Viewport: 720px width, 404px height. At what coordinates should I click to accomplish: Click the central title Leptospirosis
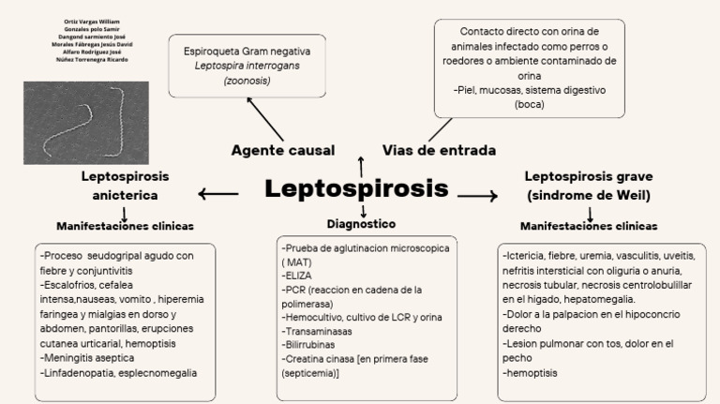(356, 187)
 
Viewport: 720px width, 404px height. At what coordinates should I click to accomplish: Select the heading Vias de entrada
(439, 150)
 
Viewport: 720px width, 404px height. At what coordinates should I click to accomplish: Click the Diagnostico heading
(361, 224)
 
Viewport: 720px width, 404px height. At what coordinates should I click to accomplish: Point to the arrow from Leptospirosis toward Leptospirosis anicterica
(218, 194)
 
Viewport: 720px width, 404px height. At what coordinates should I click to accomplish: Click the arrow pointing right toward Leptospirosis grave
(477, 195)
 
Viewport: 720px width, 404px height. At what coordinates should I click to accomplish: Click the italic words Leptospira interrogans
(247, 67)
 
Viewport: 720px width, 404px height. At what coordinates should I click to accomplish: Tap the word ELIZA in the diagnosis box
(299, 277)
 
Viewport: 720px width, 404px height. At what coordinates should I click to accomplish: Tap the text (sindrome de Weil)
(589, 195)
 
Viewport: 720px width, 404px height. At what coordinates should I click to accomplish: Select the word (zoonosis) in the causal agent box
(247, 82)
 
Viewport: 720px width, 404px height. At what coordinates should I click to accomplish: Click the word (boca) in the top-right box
(529, 104)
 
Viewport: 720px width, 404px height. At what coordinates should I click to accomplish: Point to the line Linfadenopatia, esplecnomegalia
(119, 372)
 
